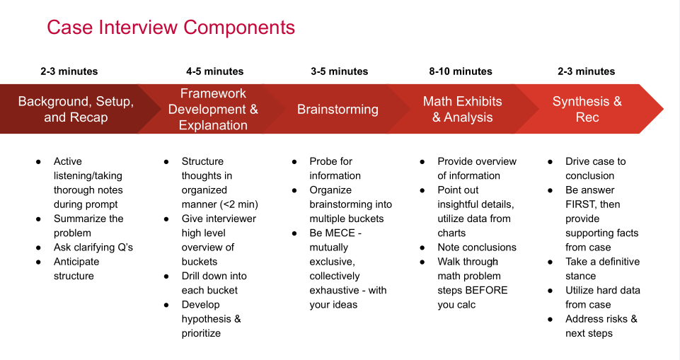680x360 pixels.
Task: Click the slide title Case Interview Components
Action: [x=171, y=28]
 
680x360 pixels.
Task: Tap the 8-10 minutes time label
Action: [x=461, y=71]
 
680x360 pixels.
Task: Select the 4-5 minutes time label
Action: [x=214, y=71]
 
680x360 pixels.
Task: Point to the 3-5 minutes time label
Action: [x=339, y=71]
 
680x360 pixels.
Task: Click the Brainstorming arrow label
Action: [x=338, y=109]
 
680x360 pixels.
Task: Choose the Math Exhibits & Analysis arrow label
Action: [x=462, y=109]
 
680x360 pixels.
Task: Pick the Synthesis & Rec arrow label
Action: [x=587, y=109]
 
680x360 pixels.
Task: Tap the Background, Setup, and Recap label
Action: [x=76, y=109]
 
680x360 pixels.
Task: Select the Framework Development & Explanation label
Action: [x=213, y=109]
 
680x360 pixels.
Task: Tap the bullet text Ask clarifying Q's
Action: [x=93, y=248]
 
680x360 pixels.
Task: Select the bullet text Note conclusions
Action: [x=477, y=248]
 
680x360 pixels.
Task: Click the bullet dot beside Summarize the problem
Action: [x=39, y=219]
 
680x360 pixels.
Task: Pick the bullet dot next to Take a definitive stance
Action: [x=551, y=262]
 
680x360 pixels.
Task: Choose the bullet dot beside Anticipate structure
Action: [x=39, y=262]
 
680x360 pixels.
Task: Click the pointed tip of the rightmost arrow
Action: [x=664, y=109]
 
